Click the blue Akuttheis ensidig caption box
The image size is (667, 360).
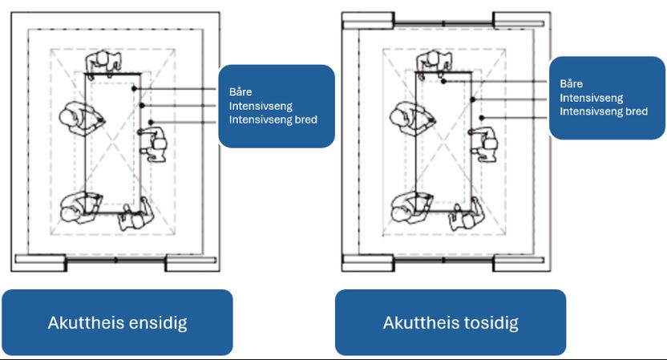[x=117, y=323]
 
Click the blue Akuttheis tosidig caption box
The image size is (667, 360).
[x=450, y=323]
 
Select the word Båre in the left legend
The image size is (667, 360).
[x=240, y=91]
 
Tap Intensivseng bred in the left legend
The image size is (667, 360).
[x=273, y=119]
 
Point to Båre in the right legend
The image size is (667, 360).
[x=572, y=83]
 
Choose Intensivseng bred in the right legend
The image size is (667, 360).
[x=604, y=111]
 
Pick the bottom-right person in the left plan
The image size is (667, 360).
[x=132, y=216]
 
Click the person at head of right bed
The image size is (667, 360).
[x=434, y=61]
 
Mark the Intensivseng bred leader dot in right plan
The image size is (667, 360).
[x=481, y=118]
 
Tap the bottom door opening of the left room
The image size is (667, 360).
[x=115, y=261]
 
